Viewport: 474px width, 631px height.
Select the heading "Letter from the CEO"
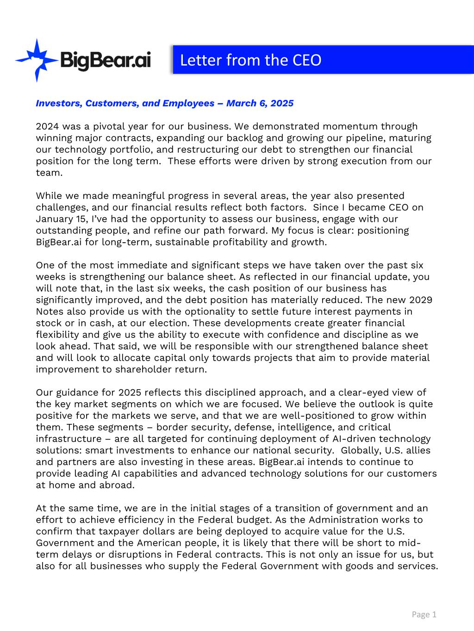250,60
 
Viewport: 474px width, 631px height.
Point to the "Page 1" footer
424,614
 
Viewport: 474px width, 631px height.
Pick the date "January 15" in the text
56,219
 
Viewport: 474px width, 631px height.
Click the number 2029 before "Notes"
420,300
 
